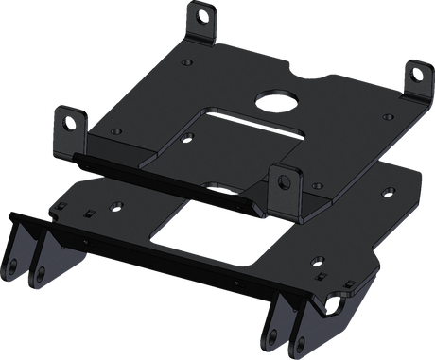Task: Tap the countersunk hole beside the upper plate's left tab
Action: coord(116,131)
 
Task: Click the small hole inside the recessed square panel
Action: coord(187,138)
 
